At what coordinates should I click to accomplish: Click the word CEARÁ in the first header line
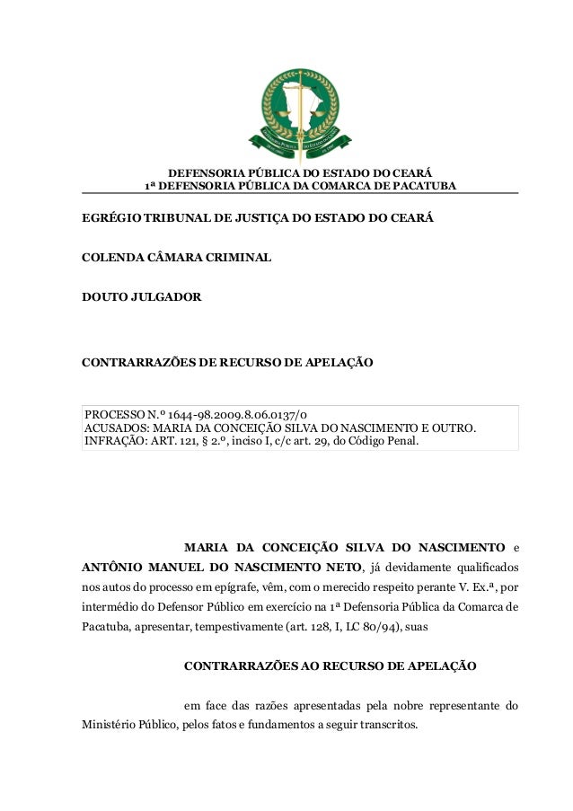[411, 172]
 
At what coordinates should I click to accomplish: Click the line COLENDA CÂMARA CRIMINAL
[177, 259]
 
